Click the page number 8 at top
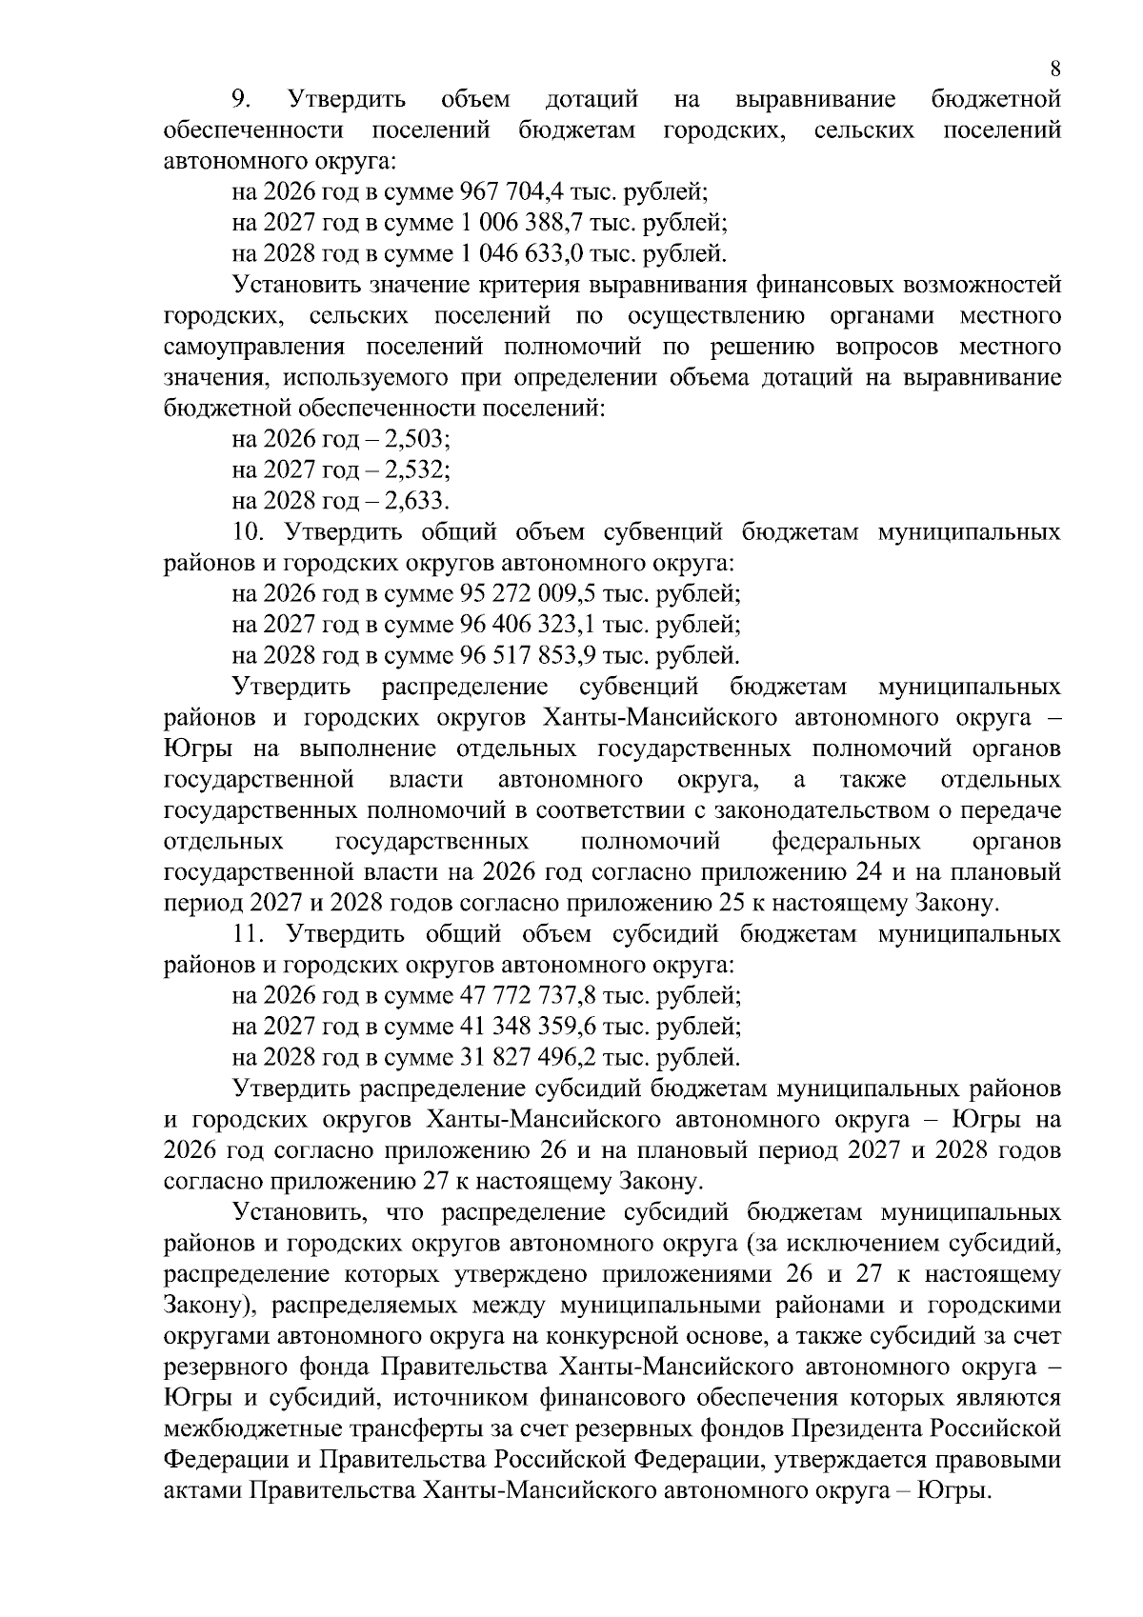pyautogui.click(x=1054, y=69)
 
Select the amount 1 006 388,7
pyautogui.click(x=521, y=223)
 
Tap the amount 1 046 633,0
pyautogui.click(x=521, y=254)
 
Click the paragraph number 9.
pyautogui.click(x=242, y=99)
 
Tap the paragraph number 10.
pyautogui.click(x=246, y=531)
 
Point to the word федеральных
pyautogui.click(x=846, y=842)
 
